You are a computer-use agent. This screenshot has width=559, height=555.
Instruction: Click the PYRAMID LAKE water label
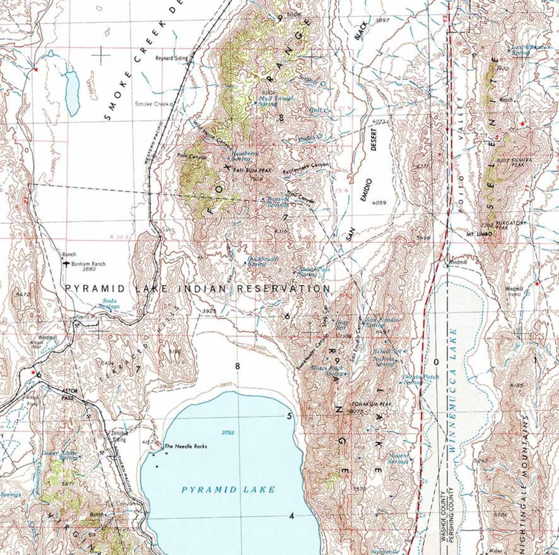(x=228, y=489)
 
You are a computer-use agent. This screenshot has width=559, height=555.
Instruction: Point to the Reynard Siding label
(x=172, y=58)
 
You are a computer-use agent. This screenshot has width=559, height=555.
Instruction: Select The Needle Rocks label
(x=186, y=446)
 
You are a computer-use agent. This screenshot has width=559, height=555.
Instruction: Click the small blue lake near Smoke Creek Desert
(x=72, y=92)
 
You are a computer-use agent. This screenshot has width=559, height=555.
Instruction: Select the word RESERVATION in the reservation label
(x=283, y=289)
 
